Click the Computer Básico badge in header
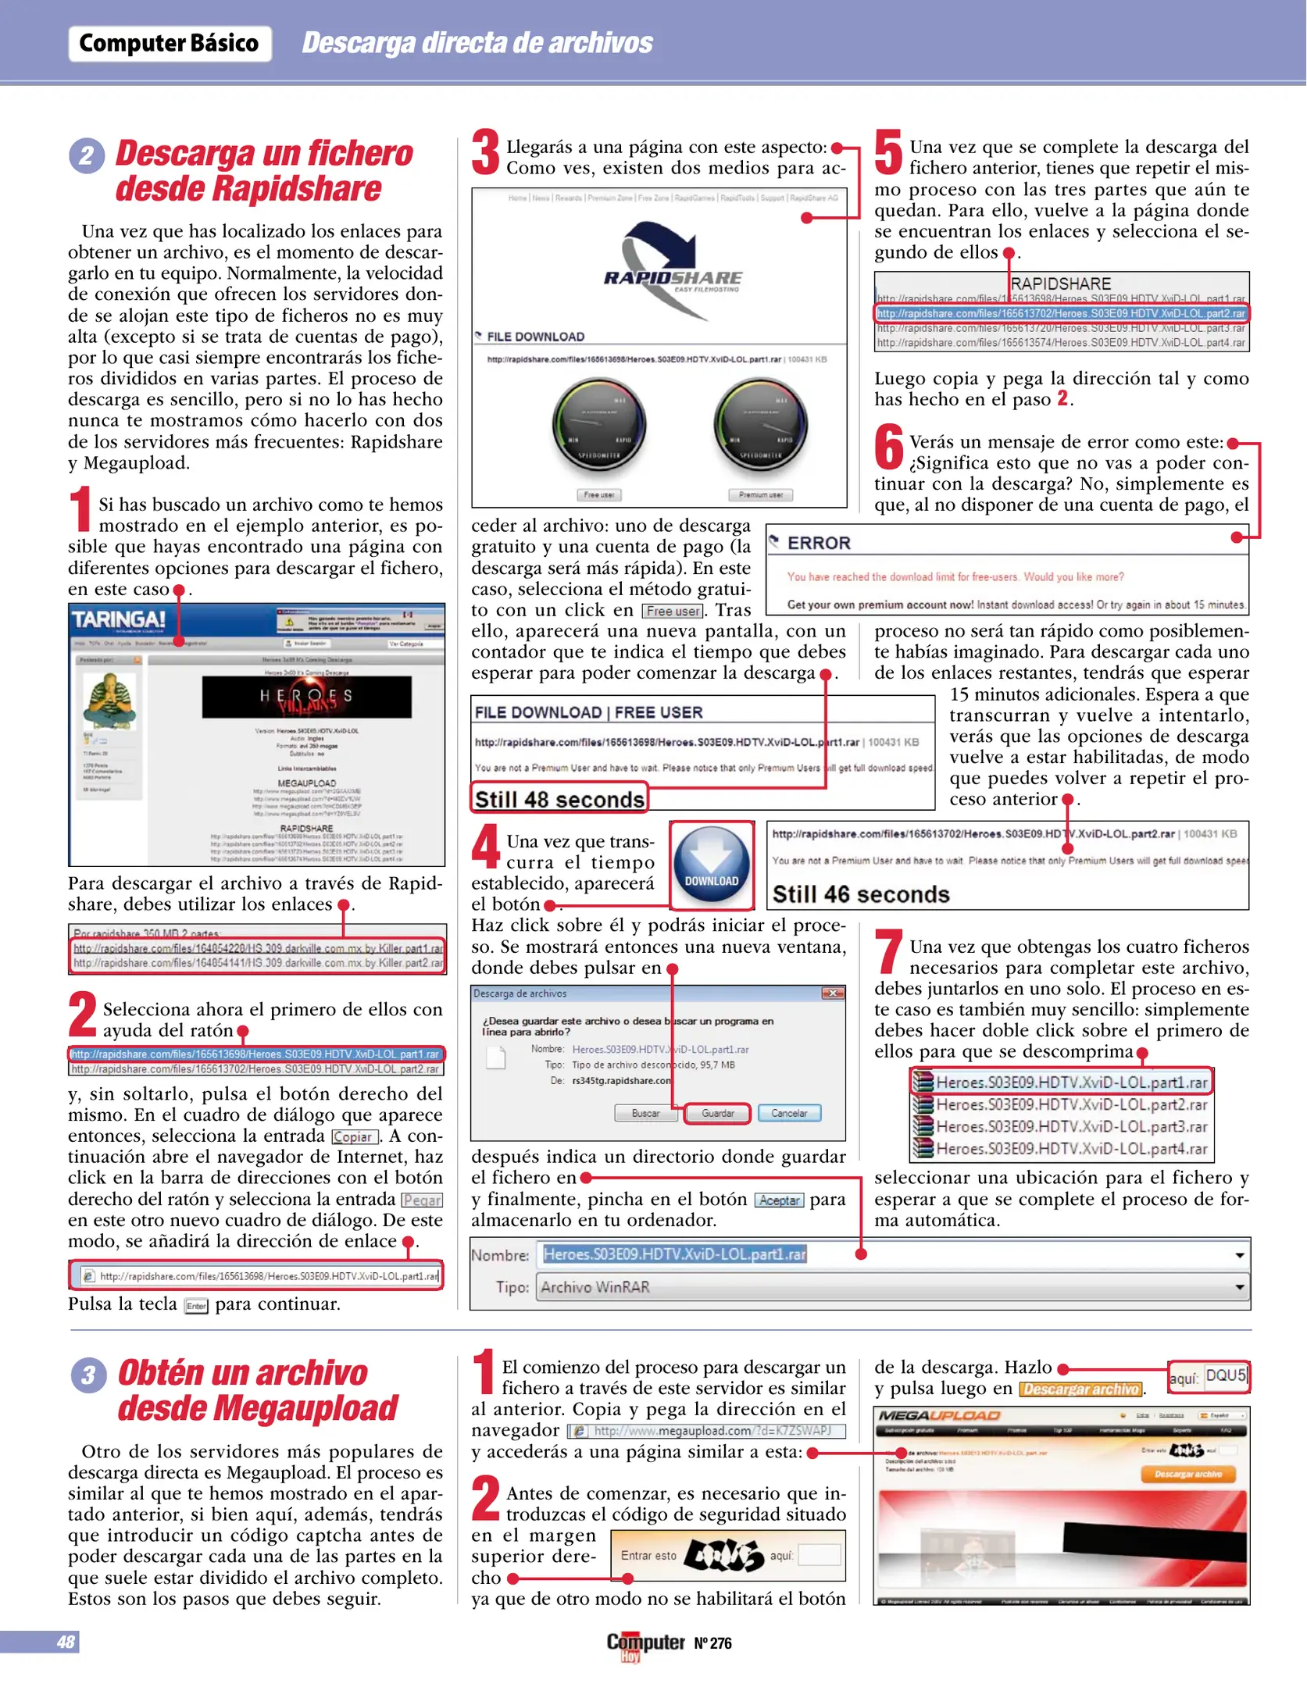point(169,43)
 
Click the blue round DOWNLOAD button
point(711,865)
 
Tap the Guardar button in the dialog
point(716,1113)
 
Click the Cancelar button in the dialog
point(788,1113)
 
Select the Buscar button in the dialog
point(645,1113)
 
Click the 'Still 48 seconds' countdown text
point(559,800)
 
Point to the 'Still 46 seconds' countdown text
point(860,894)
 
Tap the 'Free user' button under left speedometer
point(599,494)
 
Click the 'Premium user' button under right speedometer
point(760,494)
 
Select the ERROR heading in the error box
point(818,543)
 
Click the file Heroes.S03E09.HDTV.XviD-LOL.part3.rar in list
point(1070,1126)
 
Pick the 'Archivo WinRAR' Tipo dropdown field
point(891,1287)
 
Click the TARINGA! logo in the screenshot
point(119,620)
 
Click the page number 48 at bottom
point(66,1642)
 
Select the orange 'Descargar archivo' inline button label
point(1080,1389)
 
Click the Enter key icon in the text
point(196,1306)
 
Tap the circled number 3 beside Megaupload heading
point(87,1375)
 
